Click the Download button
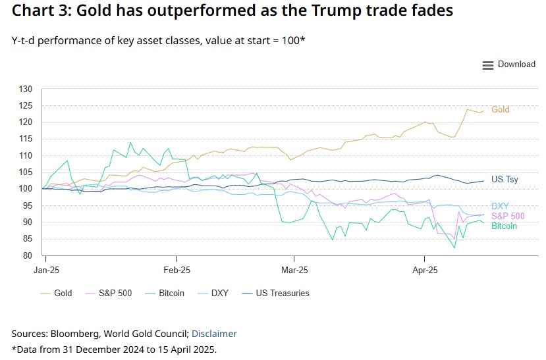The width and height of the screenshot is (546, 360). (x=516, y=64)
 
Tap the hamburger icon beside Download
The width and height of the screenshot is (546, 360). (x=488, y=65)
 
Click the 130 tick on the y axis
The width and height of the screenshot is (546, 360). (x=26, y=89)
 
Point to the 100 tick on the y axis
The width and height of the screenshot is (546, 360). (x=26, y=189)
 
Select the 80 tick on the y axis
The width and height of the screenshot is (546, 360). (x=28, y=256)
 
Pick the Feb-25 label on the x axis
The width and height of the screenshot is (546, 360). (x=177, y=270)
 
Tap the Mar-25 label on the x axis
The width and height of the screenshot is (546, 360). (x=294, y=270)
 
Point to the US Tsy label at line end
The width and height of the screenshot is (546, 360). (x=505, y=180)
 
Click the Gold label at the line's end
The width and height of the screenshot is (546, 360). (x=501, y=110)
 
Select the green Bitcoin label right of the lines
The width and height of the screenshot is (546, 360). (x=503, y=226)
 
